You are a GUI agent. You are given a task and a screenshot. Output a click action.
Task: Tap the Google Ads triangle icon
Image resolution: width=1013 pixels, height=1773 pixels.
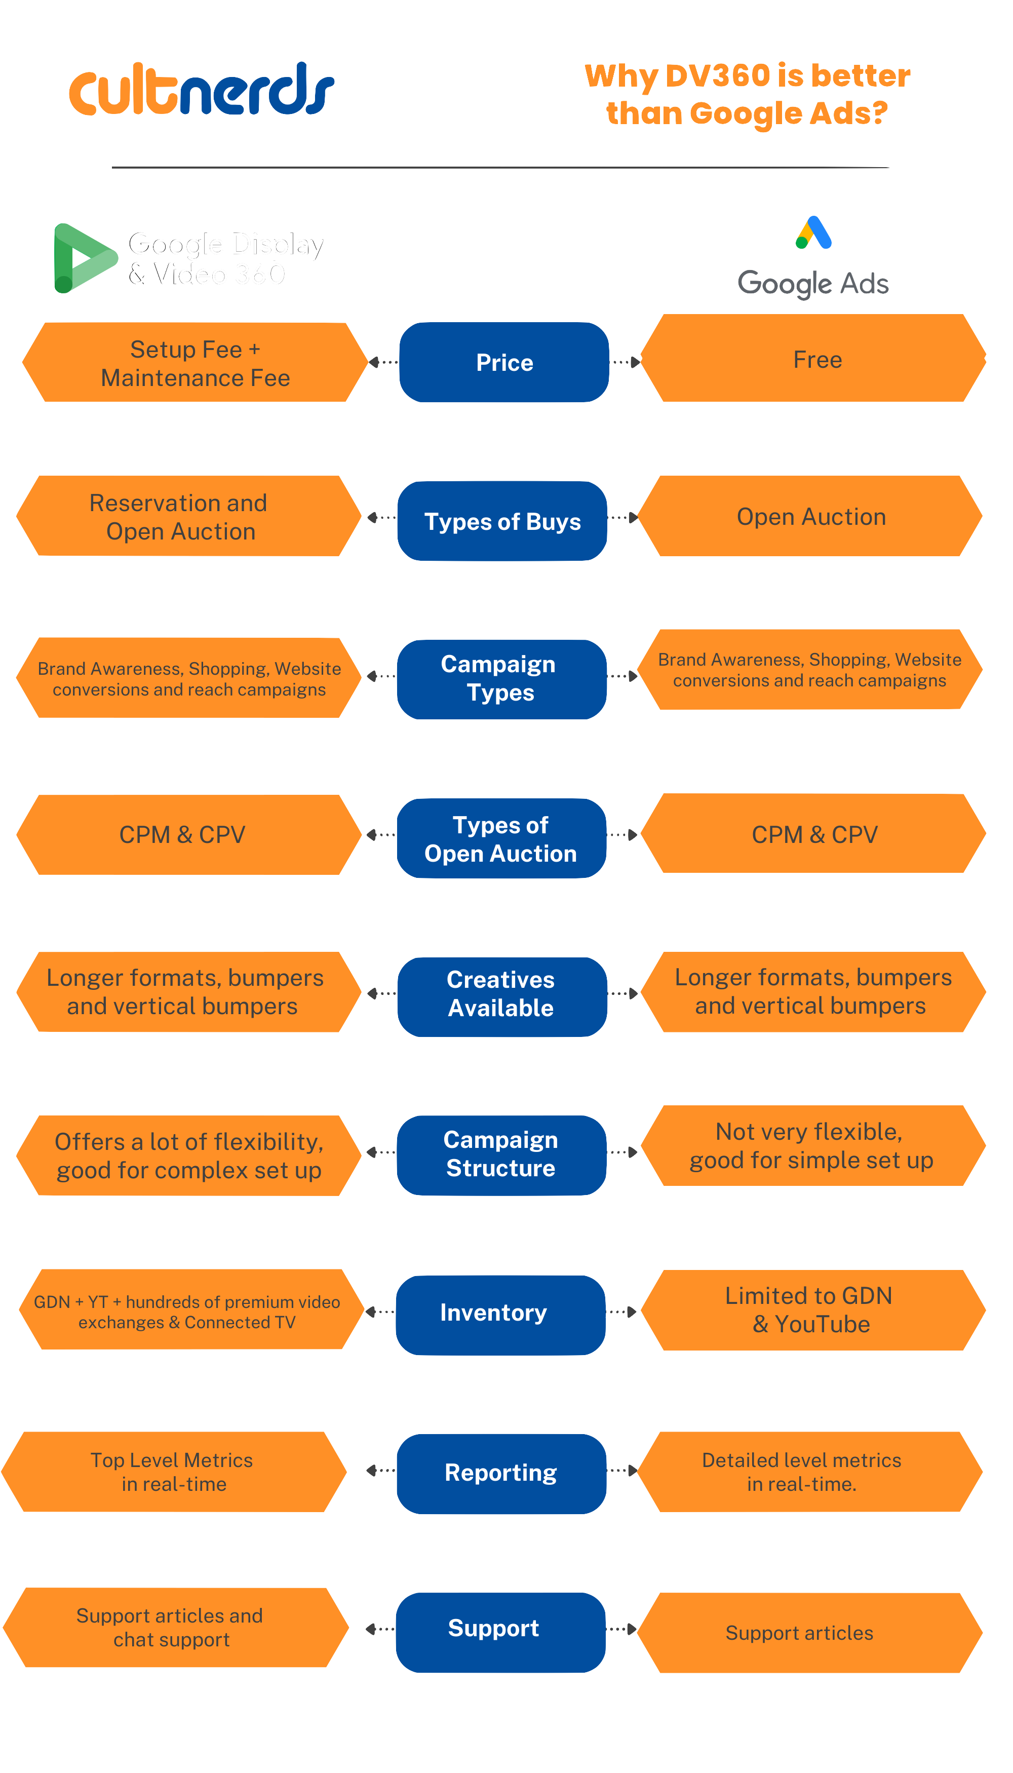click(813, 233)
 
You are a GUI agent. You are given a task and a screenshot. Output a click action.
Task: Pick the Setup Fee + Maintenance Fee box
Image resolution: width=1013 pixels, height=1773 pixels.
click(195, 363)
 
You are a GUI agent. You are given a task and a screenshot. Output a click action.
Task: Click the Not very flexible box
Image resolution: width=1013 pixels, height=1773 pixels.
click(812, 1145)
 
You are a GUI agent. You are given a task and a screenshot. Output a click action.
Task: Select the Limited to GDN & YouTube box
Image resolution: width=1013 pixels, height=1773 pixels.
click(812, 1309)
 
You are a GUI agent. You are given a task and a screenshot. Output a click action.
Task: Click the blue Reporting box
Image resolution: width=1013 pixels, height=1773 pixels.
click(501, 1473)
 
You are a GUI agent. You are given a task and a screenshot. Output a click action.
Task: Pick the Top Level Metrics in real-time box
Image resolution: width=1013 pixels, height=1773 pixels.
click(173, 1471)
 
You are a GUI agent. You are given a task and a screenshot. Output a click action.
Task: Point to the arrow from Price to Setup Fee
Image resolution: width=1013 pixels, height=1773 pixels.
click(382, 362)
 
